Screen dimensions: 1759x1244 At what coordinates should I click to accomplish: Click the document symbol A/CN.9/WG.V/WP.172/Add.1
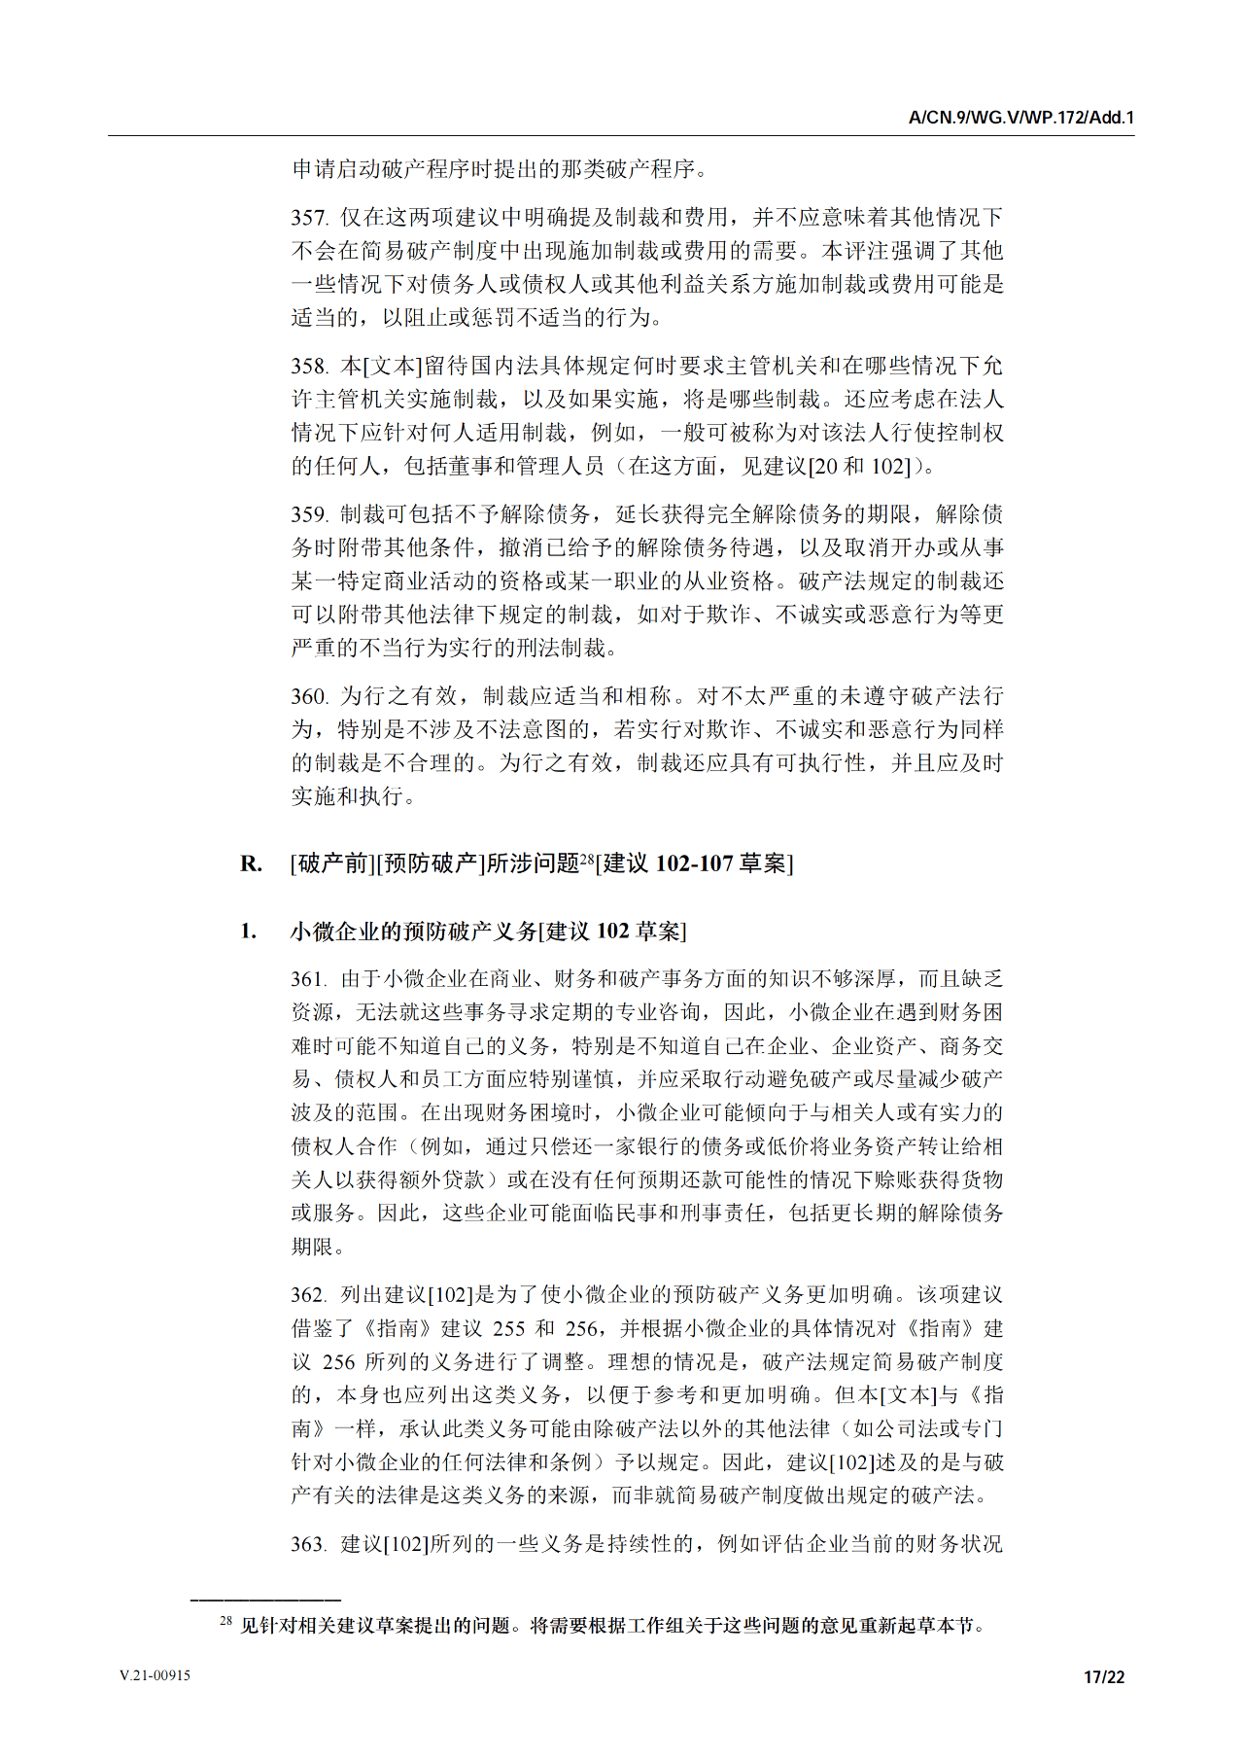click(x=1020, y=118)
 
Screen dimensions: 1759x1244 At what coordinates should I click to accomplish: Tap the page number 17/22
click(x=1104, y=1676)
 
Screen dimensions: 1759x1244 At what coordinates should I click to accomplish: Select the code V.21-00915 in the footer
click(x=155, y=1675)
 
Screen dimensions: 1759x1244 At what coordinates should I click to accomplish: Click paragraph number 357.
click(x=309, y=218)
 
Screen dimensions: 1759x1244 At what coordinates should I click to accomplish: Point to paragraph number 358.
click(x=309, y=367)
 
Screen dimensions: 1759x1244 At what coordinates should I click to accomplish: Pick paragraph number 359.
click(x=309, y=515)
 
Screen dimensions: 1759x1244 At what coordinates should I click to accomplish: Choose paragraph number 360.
click(x=309, y=697)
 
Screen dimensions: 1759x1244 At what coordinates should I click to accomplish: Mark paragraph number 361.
click(x=309, y=979)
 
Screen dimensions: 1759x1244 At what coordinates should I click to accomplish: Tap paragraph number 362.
click(x=309, y=1295)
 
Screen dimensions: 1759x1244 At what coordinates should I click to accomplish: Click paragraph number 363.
click(x=309, y=1544)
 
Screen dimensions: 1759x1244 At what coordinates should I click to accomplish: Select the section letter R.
click(x=251, y=863)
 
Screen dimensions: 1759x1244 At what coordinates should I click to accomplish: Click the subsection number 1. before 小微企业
click(x=249, y=932)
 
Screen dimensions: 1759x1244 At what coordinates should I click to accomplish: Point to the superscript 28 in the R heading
click(x=587, y=858)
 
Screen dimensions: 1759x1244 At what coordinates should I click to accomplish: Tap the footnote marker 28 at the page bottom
click(x=225, y=1621)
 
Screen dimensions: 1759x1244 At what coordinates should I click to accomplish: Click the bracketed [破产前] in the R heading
click(x=332, y=863)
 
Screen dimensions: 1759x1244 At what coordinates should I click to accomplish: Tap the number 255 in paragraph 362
click(x=508, y=1329)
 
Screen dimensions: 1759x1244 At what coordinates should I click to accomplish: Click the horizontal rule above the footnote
click(x=265, y=1599)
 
